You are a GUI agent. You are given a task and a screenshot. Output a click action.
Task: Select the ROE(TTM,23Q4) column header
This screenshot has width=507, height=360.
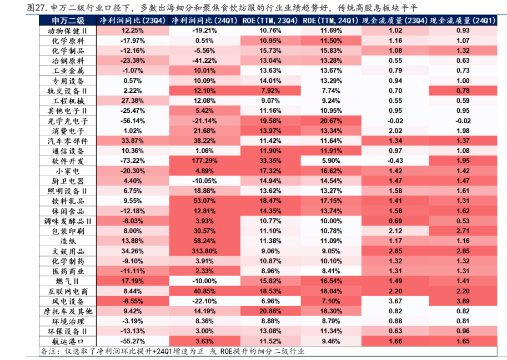tap(270, 21)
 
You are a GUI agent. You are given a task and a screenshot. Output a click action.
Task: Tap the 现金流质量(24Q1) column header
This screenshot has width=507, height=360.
tap(463, 21)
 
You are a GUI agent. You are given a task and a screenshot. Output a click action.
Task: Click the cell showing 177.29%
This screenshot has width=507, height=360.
tap(205, 161)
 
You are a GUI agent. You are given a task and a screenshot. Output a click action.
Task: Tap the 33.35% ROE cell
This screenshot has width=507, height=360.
tap(270, 161)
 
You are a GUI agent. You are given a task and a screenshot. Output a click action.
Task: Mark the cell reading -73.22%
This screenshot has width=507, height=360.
tap(133, 161)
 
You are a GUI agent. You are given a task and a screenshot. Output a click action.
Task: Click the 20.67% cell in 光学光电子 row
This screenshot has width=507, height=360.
tap(331, 121)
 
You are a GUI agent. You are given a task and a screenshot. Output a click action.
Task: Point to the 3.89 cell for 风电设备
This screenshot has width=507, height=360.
tap(463, 301)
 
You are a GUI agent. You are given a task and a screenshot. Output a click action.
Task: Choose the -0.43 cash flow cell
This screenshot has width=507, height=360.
tap(395, 161)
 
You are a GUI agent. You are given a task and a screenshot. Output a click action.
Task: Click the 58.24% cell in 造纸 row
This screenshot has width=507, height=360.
tap(205, 241)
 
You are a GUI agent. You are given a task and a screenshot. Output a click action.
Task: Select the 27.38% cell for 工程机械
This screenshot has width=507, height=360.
tap(133, 101)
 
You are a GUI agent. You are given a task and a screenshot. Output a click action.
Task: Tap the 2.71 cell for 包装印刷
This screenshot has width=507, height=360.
tap(463, 231)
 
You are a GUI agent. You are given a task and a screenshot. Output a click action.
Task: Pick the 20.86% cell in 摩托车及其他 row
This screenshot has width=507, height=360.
tap(270, 311)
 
